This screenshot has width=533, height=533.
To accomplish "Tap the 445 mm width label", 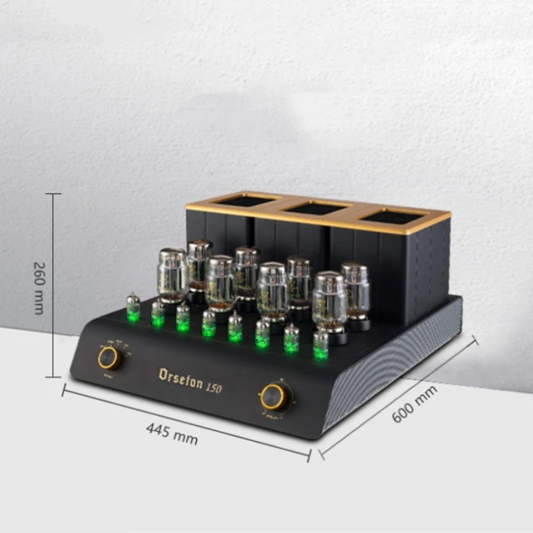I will point(172,434).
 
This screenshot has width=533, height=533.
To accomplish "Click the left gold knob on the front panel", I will point(108,358).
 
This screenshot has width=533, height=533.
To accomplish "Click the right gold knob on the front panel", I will point(272,397).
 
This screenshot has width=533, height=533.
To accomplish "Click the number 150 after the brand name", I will point(214,388).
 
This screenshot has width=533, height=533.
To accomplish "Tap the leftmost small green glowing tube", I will point(133,308).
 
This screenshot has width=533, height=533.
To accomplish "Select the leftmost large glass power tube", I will point(172,275).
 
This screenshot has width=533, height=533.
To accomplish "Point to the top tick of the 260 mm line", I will point(53,194).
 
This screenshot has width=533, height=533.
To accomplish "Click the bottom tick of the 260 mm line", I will point(53,377).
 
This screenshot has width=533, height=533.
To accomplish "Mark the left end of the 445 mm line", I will point(64,389).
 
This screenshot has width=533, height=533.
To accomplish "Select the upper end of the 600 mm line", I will point(475,340).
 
